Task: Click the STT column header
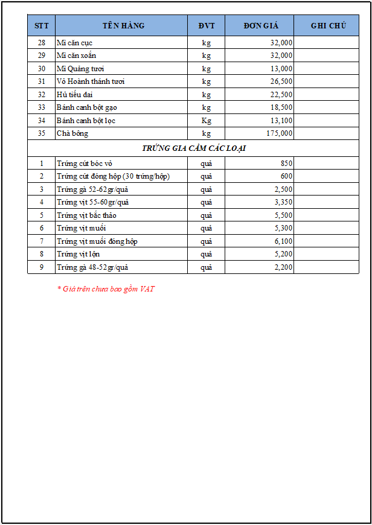tap(41, 25)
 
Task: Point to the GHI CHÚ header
tap(328, 25)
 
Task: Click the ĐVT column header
tap(206, 25)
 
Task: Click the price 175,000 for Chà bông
tap(280, 133)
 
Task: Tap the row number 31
tap(41, 81)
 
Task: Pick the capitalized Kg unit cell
tap(207, 121)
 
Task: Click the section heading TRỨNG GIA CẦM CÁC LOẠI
tap(193, 148)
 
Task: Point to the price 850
tap(286, 164)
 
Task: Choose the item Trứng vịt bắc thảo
tap(86, 215)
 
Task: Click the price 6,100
tap(283, 241)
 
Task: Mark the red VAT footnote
tap(106, 289)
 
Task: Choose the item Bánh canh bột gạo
tap(86, 107)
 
